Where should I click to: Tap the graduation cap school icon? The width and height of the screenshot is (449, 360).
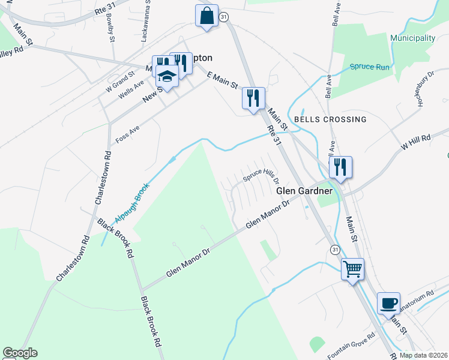[x=167, y=76]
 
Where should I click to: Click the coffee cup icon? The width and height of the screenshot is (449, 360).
[x=388, y=302]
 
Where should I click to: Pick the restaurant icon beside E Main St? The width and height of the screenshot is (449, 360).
[x=253, y=97]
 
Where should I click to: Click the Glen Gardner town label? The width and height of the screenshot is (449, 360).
[x=304, y=191]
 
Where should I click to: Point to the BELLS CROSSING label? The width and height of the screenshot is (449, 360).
[x=330, y=119]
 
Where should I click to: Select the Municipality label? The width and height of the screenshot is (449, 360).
[x=412, y=38]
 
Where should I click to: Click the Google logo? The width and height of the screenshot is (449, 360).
[x=20, y=353]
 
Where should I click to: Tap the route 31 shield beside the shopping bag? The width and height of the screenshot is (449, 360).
[x=223, y=18]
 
